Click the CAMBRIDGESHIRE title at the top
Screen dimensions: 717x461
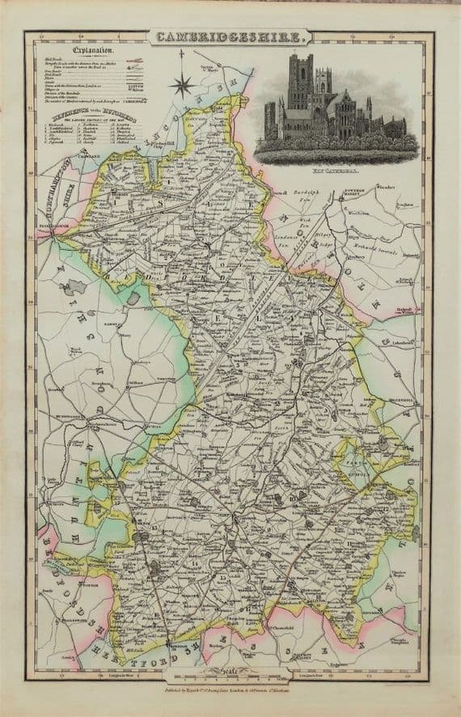pyautogui.click(x=229, y=36)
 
